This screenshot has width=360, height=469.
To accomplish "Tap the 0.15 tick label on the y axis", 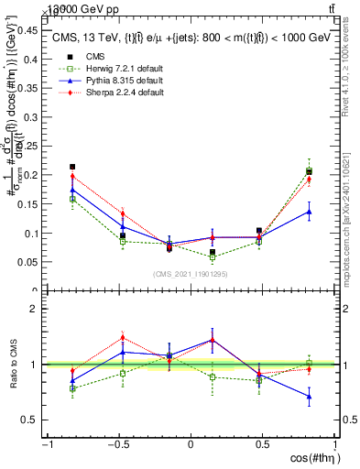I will [x=30, y=203].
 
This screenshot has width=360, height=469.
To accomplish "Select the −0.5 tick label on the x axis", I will [x=119, y=444].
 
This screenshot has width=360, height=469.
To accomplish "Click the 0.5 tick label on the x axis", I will [x=262, y=444].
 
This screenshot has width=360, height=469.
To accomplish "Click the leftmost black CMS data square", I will [x=72, y=167].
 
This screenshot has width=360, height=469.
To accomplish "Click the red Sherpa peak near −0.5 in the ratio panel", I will [x=123, y=337].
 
